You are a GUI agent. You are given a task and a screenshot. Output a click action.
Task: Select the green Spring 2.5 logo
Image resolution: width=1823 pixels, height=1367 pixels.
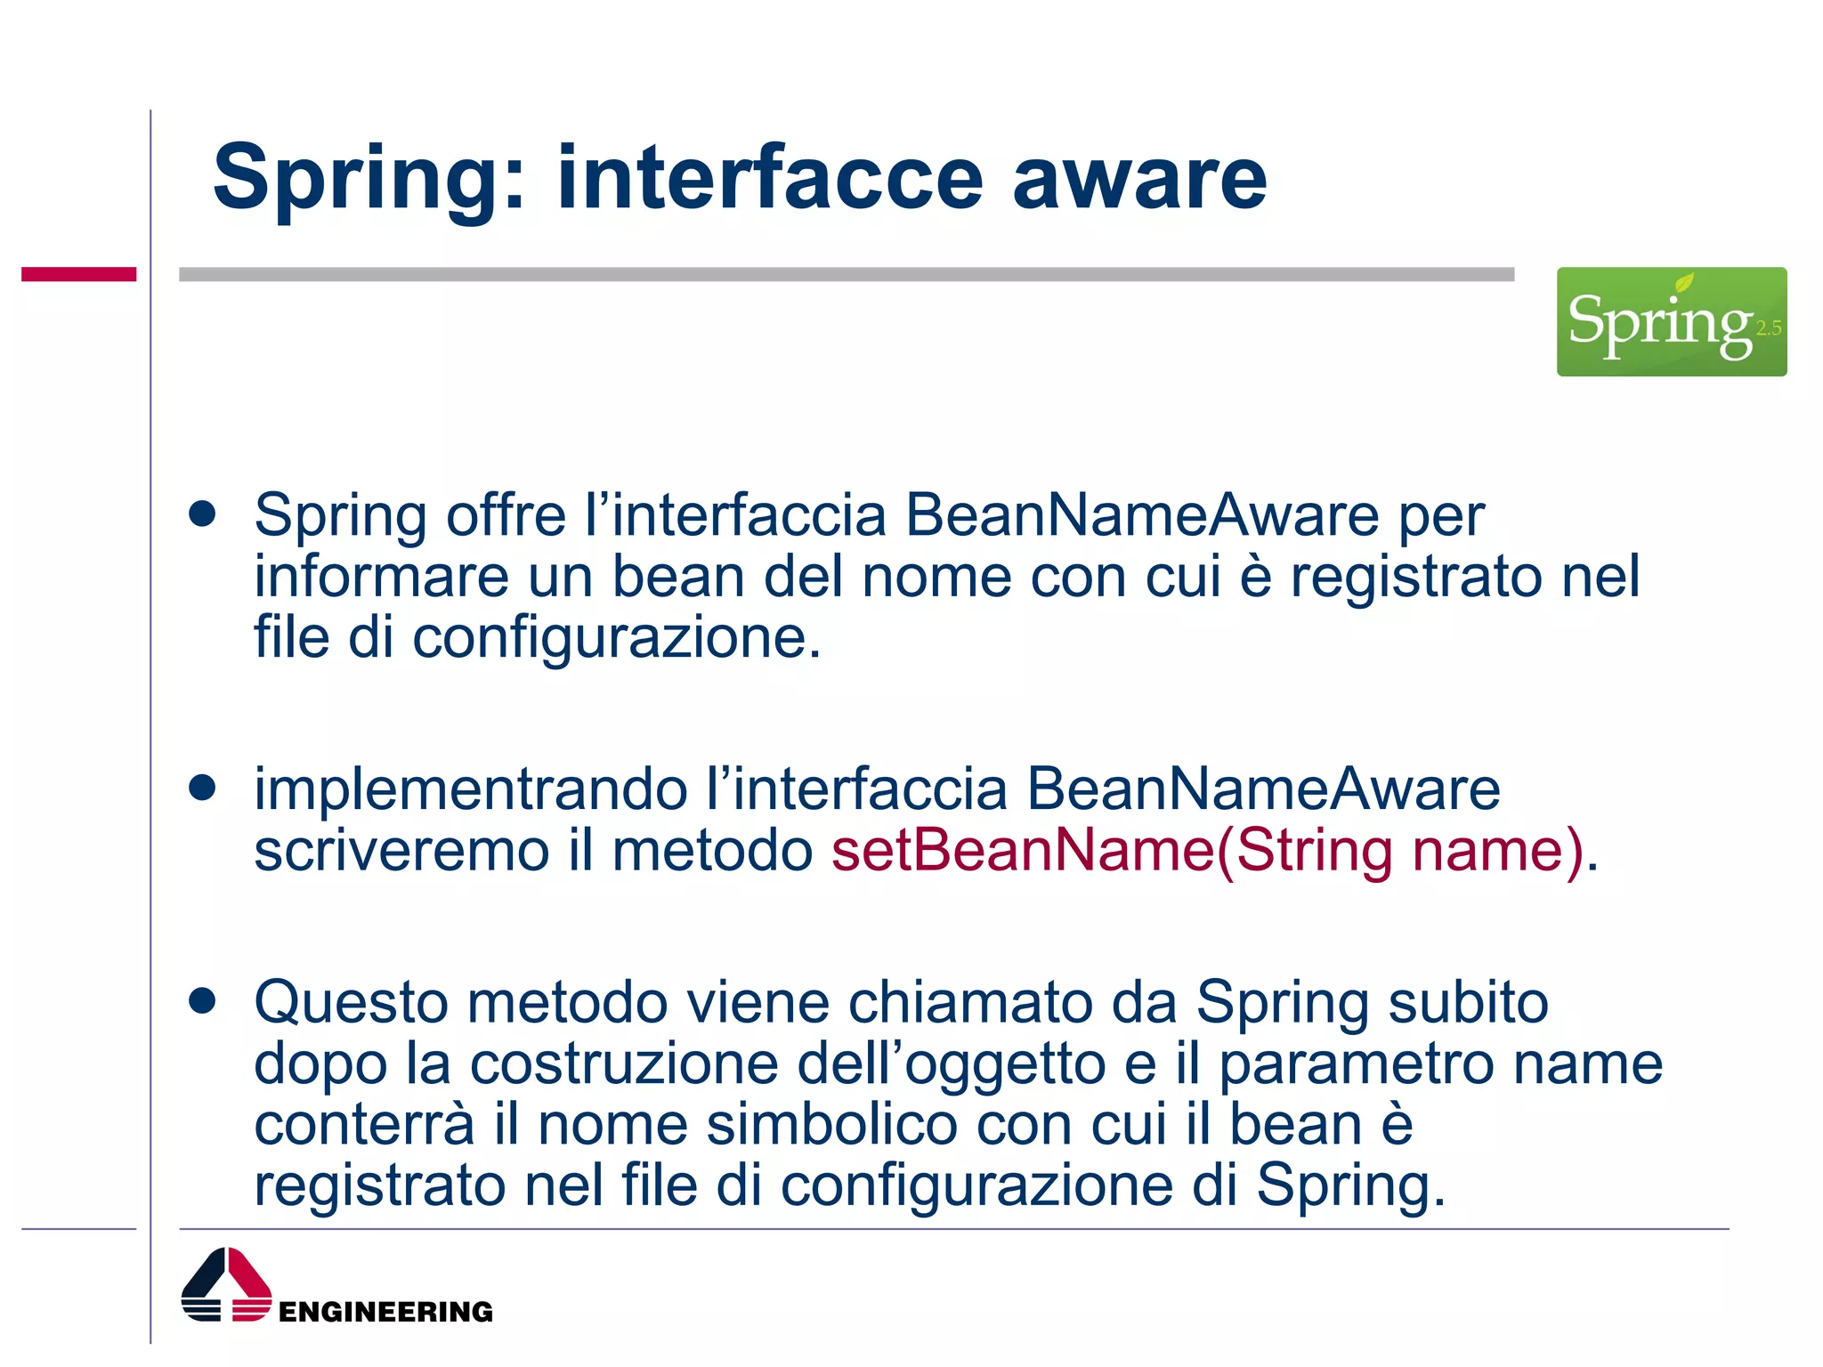click(x=1671, y=321)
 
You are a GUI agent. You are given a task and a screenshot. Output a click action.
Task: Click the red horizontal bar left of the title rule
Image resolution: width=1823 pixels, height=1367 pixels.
click(x=78, y=274)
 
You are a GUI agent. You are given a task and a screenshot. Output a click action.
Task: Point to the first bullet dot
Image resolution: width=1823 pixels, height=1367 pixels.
click(x=203, y=514)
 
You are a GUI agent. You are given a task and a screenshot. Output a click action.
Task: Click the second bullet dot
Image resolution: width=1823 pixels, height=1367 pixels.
click(x=203, y=788)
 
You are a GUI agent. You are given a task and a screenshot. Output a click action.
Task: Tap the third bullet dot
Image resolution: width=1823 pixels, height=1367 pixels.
click(x=203, y=1000)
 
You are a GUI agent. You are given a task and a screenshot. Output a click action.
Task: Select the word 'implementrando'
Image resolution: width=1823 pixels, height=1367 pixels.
click(x=471, y=790)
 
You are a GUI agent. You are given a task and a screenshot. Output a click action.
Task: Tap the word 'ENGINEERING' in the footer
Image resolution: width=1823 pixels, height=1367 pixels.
click(x=385, y=1311)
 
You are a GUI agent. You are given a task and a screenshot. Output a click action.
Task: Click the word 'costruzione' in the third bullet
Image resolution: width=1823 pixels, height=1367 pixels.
click(x=624, y=1064)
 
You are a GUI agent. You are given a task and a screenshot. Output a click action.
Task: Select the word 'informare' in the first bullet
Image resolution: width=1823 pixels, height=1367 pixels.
click(x=381, y=577)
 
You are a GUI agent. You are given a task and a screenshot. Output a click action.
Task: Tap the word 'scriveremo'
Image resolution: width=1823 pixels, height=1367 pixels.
click(x=401, y=851)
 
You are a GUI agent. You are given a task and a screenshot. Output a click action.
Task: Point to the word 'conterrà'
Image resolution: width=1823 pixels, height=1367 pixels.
click(x=364, y=1125)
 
